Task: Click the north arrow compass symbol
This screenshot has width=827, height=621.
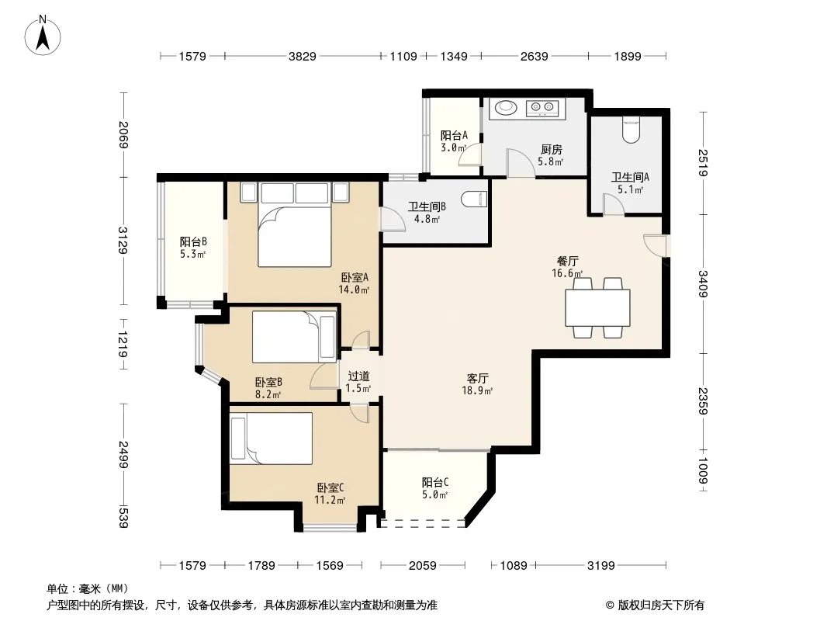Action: (x=43, y=36)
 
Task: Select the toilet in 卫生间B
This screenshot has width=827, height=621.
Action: (x=472, y=199)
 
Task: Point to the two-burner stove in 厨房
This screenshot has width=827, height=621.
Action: (x=542, y=107)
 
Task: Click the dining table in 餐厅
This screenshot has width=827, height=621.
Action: (x=597, y=307)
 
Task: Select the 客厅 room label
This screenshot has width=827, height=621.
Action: (x=477, y=378)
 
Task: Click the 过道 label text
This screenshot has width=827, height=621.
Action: (x=358, y=376)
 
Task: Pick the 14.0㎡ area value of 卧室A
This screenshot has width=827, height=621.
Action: (x=354, y=290)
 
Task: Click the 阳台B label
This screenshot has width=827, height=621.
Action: (x=193, y=241)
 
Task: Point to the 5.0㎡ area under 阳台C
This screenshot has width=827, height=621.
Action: (x=434, y=495)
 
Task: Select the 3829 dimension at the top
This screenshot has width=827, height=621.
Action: (x=303, y=56)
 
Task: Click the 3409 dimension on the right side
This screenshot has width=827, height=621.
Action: (x=703, y=283)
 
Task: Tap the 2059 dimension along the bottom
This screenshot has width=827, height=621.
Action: (x=423, y=566)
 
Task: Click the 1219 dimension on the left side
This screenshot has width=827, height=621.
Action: (x=123, y=344)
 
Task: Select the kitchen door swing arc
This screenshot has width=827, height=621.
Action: (x=521, y=162)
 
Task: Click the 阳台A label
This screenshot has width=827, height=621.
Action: (x=454, y=135)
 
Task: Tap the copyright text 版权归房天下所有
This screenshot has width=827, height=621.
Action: (x=661, y=605)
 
